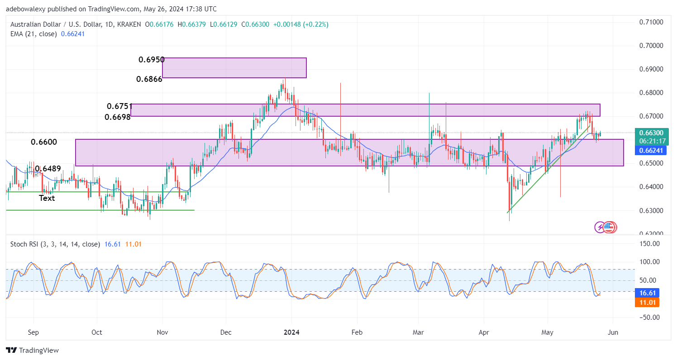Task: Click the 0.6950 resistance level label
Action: coord(152,60)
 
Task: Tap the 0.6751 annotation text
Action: coord(119,106)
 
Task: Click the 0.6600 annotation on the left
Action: coord(44,142)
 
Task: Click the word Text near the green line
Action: coord(47,198)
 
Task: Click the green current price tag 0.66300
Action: coord(651,133)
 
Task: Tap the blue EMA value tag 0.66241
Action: coord(651,151)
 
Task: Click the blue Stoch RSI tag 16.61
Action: coord(649,293)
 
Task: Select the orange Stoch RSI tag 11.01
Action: coord(649,302)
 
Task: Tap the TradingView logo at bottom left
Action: coord(33,350)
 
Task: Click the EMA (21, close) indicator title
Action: coord(33,34)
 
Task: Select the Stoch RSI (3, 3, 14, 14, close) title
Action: coord(55,244)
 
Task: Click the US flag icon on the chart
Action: coord(610,227)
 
